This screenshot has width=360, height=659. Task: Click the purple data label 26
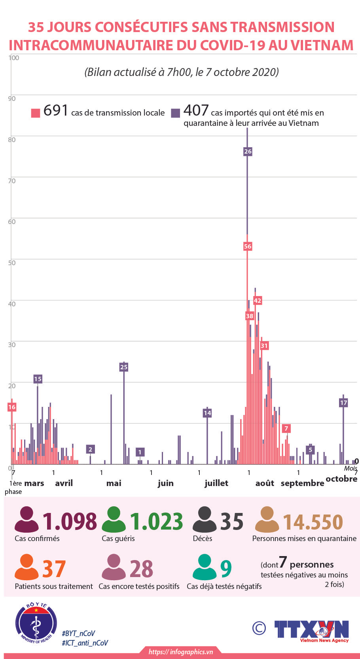click(248, 151)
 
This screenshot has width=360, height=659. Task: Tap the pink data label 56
click(248, 246)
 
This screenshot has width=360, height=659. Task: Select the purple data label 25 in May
click(124, 367)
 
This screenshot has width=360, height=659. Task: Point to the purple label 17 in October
click(343, 403)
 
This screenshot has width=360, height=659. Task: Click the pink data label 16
click(12, 407)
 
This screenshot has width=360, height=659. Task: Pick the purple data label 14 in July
click(207, 413)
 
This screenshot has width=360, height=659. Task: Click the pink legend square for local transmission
click(36, 113)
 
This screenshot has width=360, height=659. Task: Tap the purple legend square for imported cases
click(175, 113)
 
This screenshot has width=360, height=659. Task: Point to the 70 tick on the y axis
click(12, 181)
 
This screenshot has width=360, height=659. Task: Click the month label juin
click(165, 483)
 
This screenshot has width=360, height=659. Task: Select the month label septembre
click(302, 483)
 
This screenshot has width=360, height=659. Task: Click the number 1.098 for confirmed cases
click(70, 521)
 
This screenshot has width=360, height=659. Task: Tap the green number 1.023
click(157, 521)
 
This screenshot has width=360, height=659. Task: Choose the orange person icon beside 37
click(27, 567)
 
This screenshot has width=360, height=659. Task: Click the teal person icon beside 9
click(204, 567)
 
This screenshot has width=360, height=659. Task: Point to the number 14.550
click(313, 522)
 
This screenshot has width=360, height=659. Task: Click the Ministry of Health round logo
click(36, 623)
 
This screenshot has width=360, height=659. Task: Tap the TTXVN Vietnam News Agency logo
click(312, 631)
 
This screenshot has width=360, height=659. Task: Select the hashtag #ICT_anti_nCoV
click(85, 643)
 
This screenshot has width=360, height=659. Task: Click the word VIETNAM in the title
click(322, 45)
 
